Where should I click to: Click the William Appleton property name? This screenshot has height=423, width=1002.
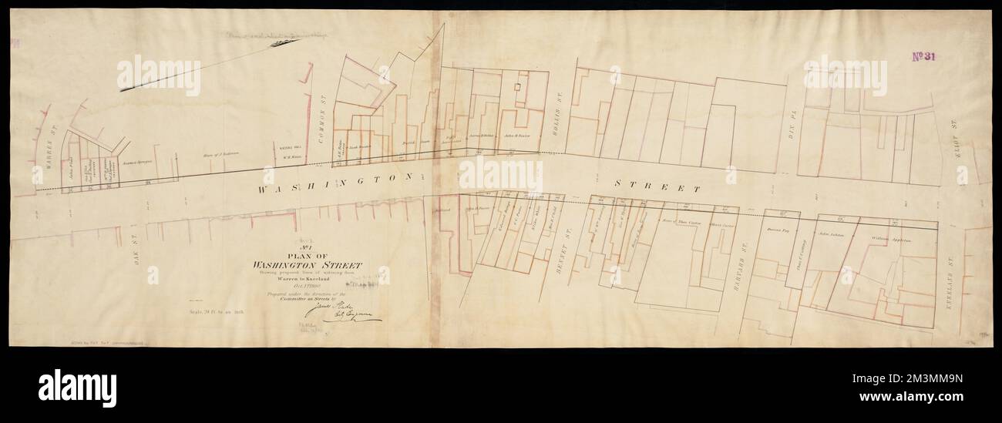pos(891,240)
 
